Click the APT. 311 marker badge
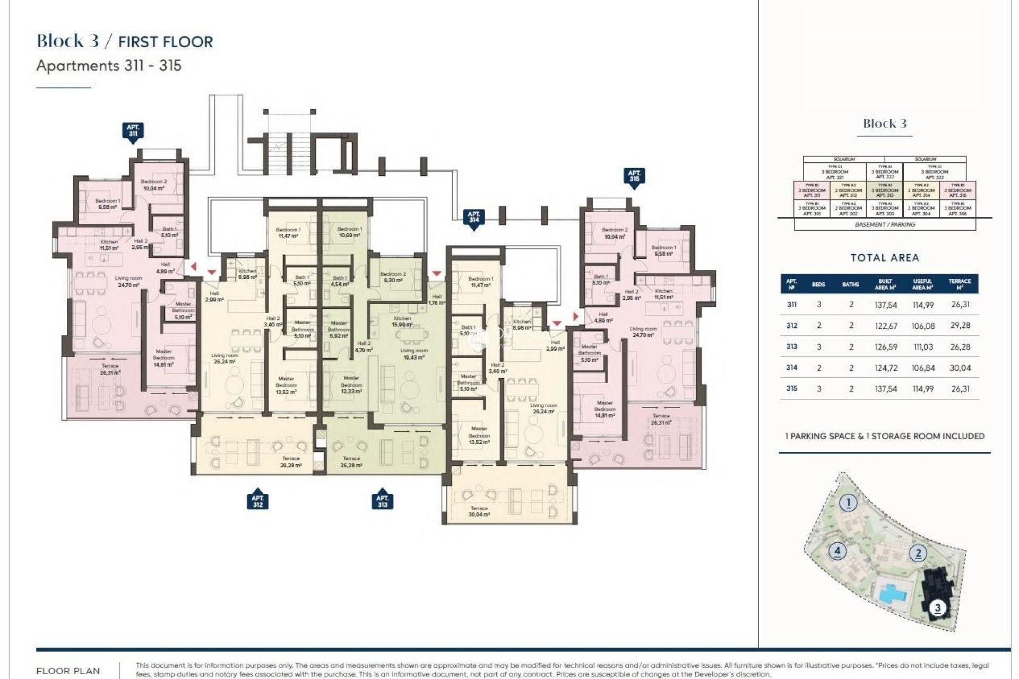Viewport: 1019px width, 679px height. coord(133,130)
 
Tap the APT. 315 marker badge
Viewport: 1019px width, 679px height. coord(634,176)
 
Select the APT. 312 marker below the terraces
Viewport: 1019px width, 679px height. coord(257,501)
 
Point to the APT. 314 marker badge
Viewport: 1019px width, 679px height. coord(473,217)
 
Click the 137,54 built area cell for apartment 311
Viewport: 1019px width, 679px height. coord(885,305)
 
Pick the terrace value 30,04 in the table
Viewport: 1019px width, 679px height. coord(960,368)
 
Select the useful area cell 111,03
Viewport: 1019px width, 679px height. coord(923,347)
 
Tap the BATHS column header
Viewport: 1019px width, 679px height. coord(850,284)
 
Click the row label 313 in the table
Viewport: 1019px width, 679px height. coord(791,346)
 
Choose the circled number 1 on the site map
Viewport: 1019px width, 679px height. coord(848,502)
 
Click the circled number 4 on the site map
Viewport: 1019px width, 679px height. coord(837,551)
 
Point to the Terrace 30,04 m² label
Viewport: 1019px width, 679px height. coord(479,511)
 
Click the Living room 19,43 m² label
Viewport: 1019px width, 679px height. coord(413,354)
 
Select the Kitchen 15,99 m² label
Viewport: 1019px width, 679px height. coord(402,321)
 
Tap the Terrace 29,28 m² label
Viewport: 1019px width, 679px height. coord(291,462)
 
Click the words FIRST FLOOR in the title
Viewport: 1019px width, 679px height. coord(165,42)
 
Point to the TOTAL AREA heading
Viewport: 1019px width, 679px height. coord(884,258)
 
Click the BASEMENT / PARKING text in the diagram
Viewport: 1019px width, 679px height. coord(885,224)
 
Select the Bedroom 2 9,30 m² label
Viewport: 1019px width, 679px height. coord(393,277)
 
